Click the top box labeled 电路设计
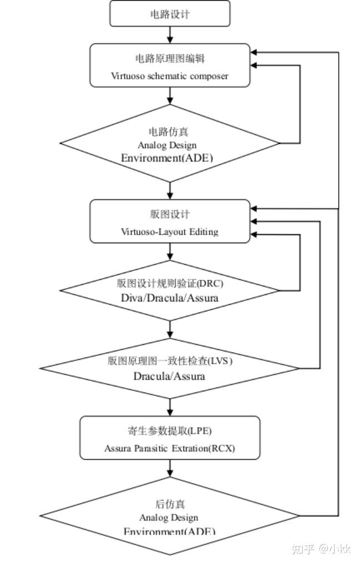(169, 14)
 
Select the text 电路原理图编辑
(169, 58)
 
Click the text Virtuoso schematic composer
(169, 76)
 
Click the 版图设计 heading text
(169, 214)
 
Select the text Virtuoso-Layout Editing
(169, 231)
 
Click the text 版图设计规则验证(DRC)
(169, 283)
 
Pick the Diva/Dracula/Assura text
(169, 298)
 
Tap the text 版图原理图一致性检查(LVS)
(169, 361)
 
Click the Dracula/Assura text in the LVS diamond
(169, 376)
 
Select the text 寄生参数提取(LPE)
(169, 431)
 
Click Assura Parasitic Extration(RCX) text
(169, 448)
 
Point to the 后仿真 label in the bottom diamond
(169, 504)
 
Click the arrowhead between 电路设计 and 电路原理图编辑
(169, 39)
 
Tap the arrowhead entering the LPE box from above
(169, 412)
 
